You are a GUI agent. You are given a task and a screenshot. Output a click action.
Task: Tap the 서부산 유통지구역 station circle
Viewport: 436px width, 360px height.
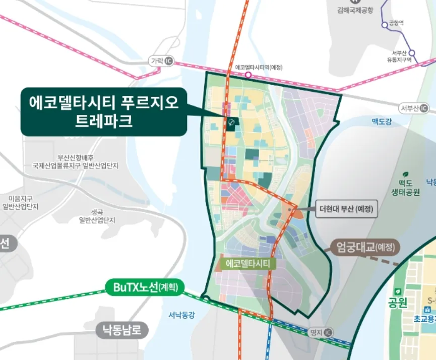(x=412, y=52)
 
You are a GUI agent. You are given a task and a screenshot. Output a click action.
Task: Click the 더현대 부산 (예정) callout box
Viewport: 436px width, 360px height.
(x=347, y=209)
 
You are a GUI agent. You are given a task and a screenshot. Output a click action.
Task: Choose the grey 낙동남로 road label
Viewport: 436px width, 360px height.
(x=122, y=331)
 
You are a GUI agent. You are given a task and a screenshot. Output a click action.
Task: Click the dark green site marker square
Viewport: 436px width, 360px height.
(x=232, y=123)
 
